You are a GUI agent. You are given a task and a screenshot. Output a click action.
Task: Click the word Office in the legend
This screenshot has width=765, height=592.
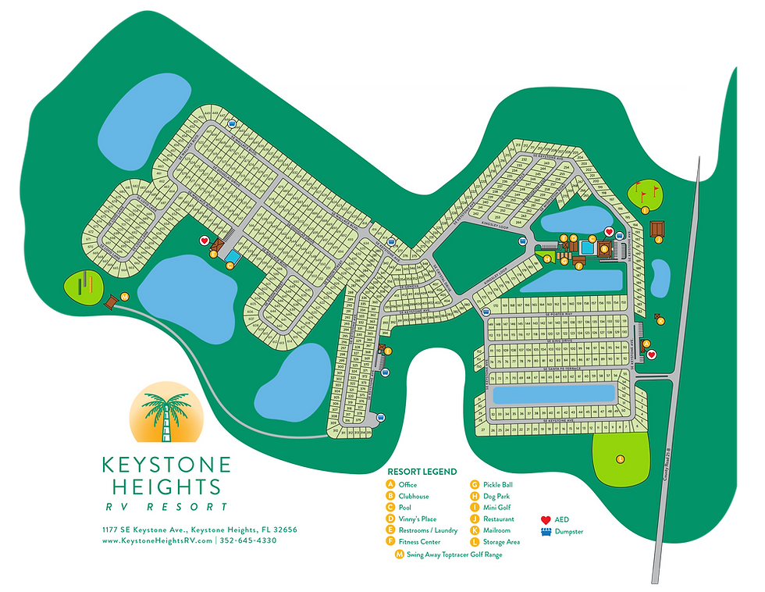pos(407,485)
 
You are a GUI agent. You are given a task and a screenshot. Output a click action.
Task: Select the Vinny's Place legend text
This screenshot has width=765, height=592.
pos(417,519)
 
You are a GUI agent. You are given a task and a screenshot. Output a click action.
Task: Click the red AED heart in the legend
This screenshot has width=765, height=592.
pos(545,519)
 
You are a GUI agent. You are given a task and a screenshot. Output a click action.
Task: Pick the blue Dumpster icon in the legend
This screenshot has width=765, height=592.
pos(545,531)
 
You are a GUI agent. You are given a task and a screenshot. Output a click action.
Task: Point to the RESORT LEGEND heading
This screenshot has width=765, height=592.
pos(422,472)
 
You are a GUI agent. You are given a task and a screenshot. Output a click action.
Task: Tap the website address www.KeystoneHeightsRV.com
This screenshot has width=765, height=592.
pos(157,540)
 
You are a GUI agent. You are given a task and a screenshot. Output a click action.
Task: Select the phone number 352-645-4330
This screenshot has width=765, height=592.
pos(248,540)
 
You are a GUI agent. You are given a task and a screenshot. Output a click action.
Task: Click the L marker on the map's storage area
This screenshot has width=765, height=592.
pos(621,458)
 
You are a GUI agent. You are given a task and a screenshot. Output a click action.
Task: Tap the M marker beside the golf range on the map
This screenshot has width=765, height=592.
pos(124,297)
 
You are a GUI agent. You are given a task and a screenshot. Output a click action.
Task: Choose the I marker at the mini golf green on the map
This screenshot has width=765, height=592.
pos(645,210)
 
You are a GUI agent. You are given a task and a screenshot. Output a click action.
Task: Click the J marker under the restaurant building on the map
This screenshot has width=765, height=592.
pos(659,240)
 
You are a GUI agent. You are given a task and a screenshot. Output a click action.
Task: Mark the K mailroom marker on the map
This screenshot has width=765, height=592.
pos(660,320)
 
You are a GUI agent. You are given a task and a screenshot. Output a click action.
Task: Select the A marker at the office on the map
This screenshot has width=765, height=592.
pos(646,344)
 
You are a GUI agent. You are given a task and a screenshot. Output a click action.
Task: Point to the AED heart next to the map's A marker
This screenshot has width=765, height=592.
pos(652,355)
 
